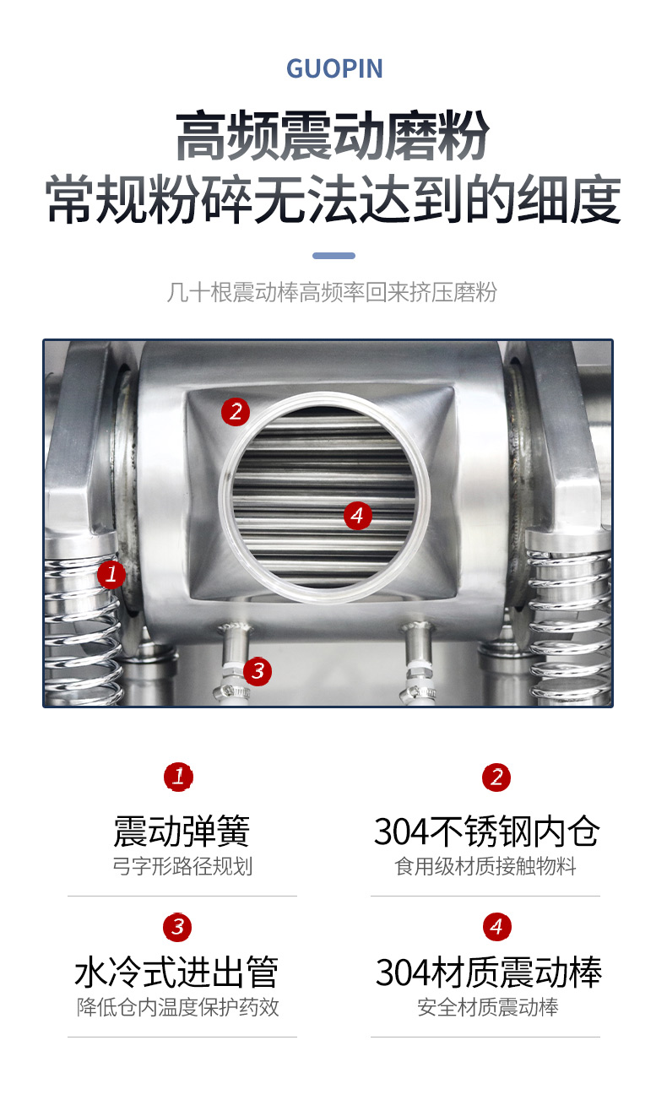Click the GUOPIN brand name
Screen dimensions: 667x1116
click(334, 68)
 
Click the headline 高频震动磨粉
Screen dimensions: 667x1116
click(333, 136)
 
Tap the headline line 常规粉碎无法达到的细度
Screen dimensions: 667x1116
click(333, 199)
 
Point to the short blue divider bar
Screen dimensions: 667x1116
click(333, 256)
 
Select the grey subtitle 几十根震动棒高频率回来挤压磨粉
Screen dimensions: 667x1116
click(332, 292)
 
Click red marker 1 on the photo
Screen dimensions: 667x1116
click(111, 574)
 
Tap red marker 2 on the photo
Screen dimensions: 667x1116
click(236, 411)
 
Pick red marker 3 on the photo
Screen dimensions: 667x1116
click(258, 671)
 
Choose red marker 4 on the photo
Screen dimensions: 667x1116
click(358, 515)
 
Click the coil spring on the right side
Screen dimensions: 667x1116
click(569, 623)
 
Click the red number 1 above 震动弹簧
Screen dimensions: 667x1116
click(178, 777)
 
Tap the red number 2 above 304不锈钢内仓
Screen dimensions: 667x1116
click(496, 777)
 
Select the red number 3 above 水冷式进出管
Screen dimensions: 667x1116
click(177, 927)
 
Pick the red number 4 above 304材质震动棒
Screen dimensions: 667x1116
click(496, 927)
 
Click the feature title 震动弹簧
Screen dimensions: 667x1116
click(182, 832)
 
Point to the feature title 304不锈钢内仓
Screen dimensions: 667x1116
click(486, 832)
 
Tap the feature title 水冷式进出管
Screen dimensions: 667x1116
click(176, 972)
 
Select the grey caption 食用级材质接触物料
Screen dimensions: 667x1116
click(485, 867)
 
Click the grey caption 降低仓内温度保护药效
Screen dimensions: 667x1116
click(178, 1007)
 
